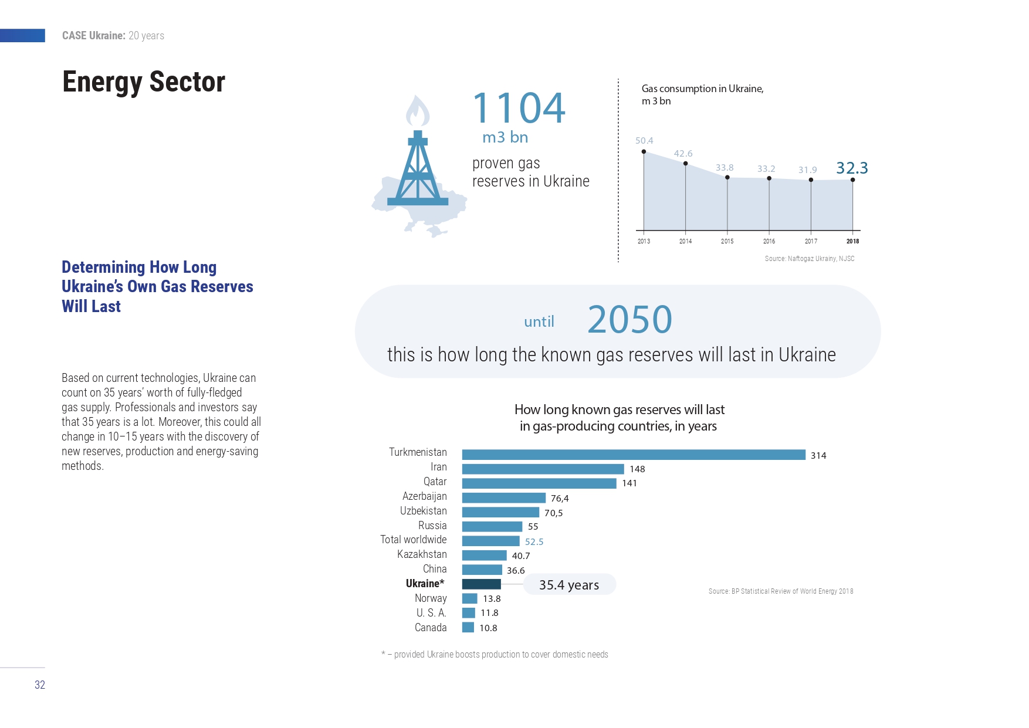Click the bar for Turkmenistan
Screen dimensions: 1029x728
[x=634, y=455]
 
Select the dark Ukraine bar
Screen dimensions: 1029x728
[x=482, y=584]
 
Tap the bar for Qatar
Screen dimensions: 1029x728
[x=539, y=483]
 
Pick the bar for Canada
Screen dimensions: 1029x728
[x=468, y=627]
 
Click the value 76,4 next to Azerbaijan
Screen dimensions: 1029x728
[x=560, y=499]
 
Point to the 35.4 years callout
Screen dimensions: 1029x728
[x=569, y=584]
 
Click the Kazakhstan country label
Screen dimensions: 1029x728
[x=422, y=554]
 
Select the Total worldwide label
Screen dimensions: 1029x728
[x=414, y=540]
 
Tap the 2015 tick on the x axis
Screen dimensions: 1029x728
[x=727, y=241]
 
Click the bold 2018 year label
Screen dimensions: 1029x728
[x=852, y=241]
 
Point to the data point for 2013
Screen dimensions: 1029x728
[x=644, y=151]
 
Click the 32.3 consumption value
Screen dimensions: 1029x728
[x=852, y=168]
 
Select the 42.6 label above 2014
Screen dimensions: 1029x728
[x=683, y=154]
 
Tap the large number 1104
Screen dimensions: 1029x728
[x=519, y=109]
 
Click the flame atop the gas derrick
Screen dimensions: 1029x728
[x=418, y=111]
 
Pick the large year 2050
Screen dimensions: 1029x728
[x=629, y=320]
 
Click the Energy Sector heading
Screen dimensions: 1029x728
[x=144, y=82]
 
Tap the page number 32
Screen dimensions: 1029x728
[x=40, y=685]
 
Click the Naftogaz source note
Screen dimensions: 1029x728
[x=810, y=259]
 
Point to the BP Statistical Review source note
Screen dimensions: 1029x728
[x=781, y=591]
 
